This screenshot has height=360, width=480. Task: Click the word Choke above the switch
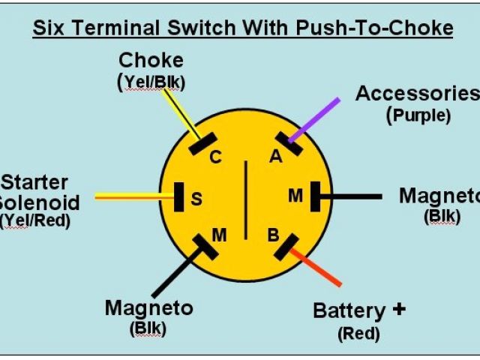[151, 60]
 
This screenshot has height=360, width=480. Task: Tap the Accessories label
[416, 94]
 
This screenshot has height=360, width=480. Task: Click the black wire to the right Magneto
[352, 196]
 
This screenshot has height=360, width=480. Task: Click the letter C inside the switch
[215, 157]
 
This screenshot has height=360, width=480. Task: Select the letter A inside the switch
[276, 157]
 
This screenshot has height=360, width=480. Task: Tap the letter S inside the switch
[196, 199]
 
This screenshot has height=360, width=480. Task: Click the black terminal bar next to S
[179, 197]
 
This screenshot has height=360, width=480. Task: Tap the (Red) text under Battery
[358, 333]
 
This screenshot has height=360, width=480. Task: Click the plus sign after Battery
[399, 308]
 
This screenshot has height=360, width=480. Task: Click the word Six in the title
[52, 28]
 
